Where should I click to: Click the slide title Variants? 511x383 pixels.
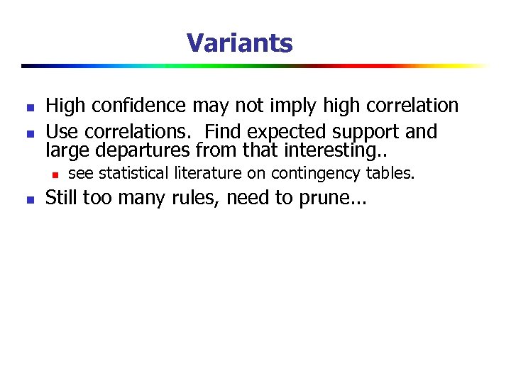(x=239, y=43)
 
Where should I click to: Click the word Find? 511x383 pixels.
(x=226, y=132)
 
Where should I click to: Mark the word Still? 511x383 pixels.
(x=62, y=198)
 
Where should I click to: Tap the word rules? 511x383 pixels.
(x=199, y=198)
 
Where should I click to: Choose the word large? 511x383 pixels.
(x=64, y=150)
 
